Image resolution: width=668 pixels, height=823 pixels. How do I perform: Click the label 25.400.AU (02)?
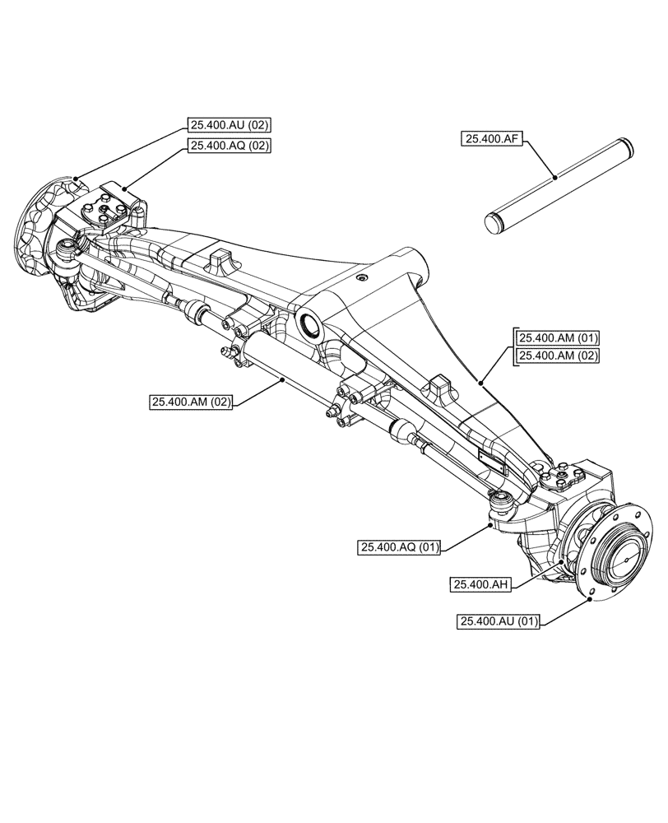(229, 125)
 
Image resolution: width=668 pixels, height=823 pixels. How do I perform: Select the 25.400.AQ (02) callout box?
(229, 146)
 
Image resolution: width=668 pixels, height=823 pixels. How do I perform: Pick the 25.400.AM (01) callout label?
(558, 337)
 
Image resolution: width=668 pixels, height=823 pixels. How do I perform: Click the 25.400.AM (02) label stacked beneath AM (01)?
(558, 356)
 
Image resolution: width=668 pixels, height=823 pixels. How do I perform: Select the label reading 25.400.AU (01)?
(499, 622)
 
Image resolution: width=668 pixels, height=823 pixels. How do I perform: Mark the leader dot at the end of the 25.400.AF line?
(555, 176)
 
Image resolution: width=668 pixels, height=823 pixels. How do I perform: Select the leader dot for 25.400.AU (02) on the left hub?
(76, 178)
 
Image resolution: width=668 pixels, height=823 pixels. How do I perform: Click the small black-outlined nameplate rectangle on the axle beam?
(491, 460)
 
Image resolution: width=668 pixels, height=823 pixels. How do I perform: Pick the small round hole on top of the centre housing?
(360, 279)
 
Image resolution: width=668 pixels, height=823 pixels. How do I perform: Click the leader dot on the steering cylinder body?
(282, 379)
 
